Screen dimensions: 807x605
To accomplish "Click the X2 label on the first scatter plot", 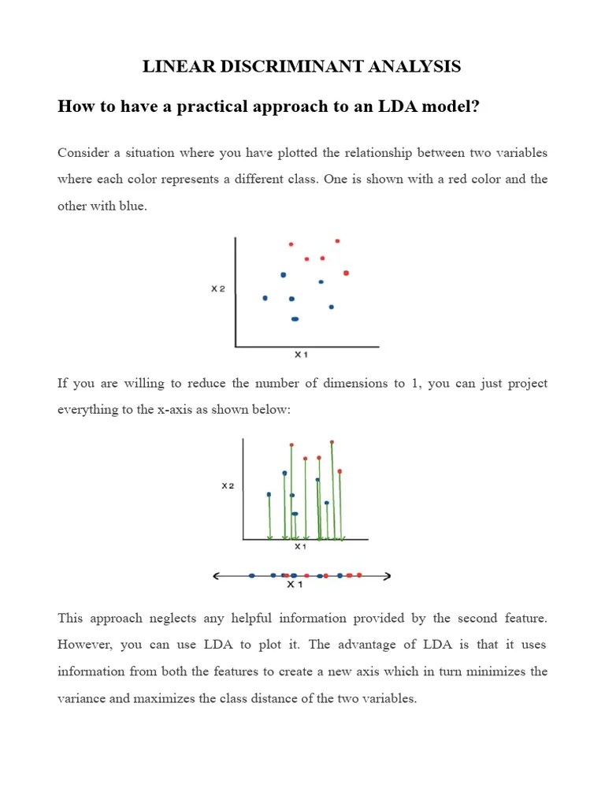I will tap(218, 289).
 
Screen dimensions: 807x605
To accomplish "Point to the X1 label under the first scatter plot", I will tap(300, 355).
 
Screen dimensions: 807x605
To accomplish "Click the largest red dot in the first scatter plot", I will tap(346, 273).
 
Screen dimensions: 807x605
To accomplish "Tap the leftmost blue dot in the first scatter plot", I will tap(265, 298).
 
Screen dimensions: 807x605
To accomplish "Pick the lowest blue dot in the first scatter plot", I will tap(295, 319).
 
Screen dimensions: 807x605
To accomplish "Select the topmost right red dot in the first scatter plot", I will tap(337, 240).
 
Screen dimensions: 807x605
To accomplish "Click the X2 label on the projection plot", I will tap(228, 486).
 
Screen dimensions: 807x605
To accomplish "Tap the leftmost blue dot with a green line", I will tap(269, 495).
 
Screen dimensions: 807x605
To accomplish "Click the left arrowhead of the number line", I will tap(217, 576).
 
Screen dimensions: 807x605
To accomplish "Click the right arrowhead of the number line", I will tap(388, 576).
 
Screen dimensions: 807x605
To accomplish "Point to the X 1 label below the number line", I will tap(294, 586).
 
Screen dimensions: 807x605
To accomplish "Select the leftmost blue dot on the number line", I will tap(251, 576).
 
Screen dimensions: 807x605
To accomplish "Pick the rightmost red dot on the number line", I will tap(359, 575).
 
